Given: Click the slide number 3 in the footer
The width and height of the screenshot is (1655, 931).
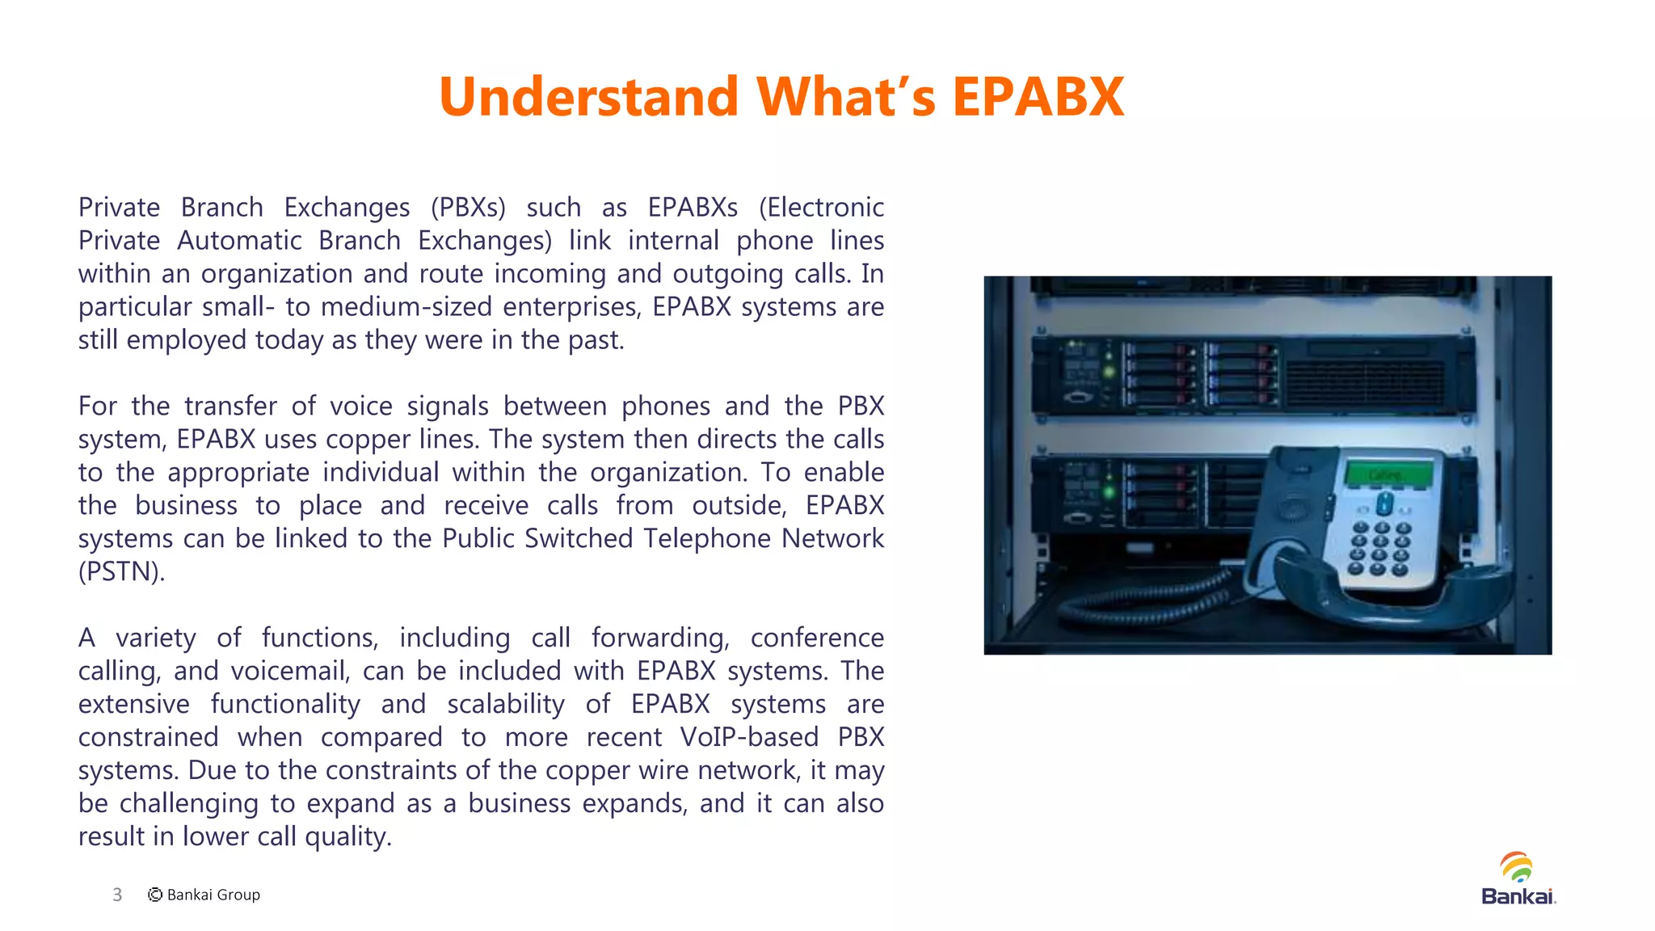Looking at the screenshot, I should pyautogui.click(x=117, y=895).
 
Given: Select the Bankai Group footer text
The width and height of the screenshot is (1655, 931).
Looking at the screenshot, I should pyautogui.click(x=213, y=895).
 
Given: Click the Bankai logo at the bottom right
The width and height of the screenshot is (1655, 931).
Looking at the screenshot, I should pyautogui.click(x=1518, y=878).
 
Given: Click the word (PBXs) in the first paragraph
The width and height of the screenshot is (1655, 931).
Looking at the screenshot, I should pyautogui.click(x=468, y=208).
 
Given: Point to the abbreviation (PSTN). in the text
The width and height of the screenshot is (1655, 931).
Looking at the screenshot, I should pyautogui.click(x=121, y=572).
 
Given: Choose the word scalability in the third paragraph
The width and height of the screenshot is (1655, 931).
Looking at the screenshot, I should pyautogui.click(x=506, y=705).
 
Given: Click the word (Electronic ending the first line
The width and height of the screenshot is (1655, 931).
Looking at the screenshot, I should pyautogui.click(x=821, y=208).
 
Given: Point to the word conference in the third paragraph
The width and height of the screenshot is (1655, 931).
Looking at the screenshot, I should pyautogui.click(x=817, y=638).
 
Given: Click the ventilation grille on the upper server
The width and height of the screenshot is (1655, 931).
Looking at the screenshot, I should pyautogui.click(x=1365, y=383).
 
